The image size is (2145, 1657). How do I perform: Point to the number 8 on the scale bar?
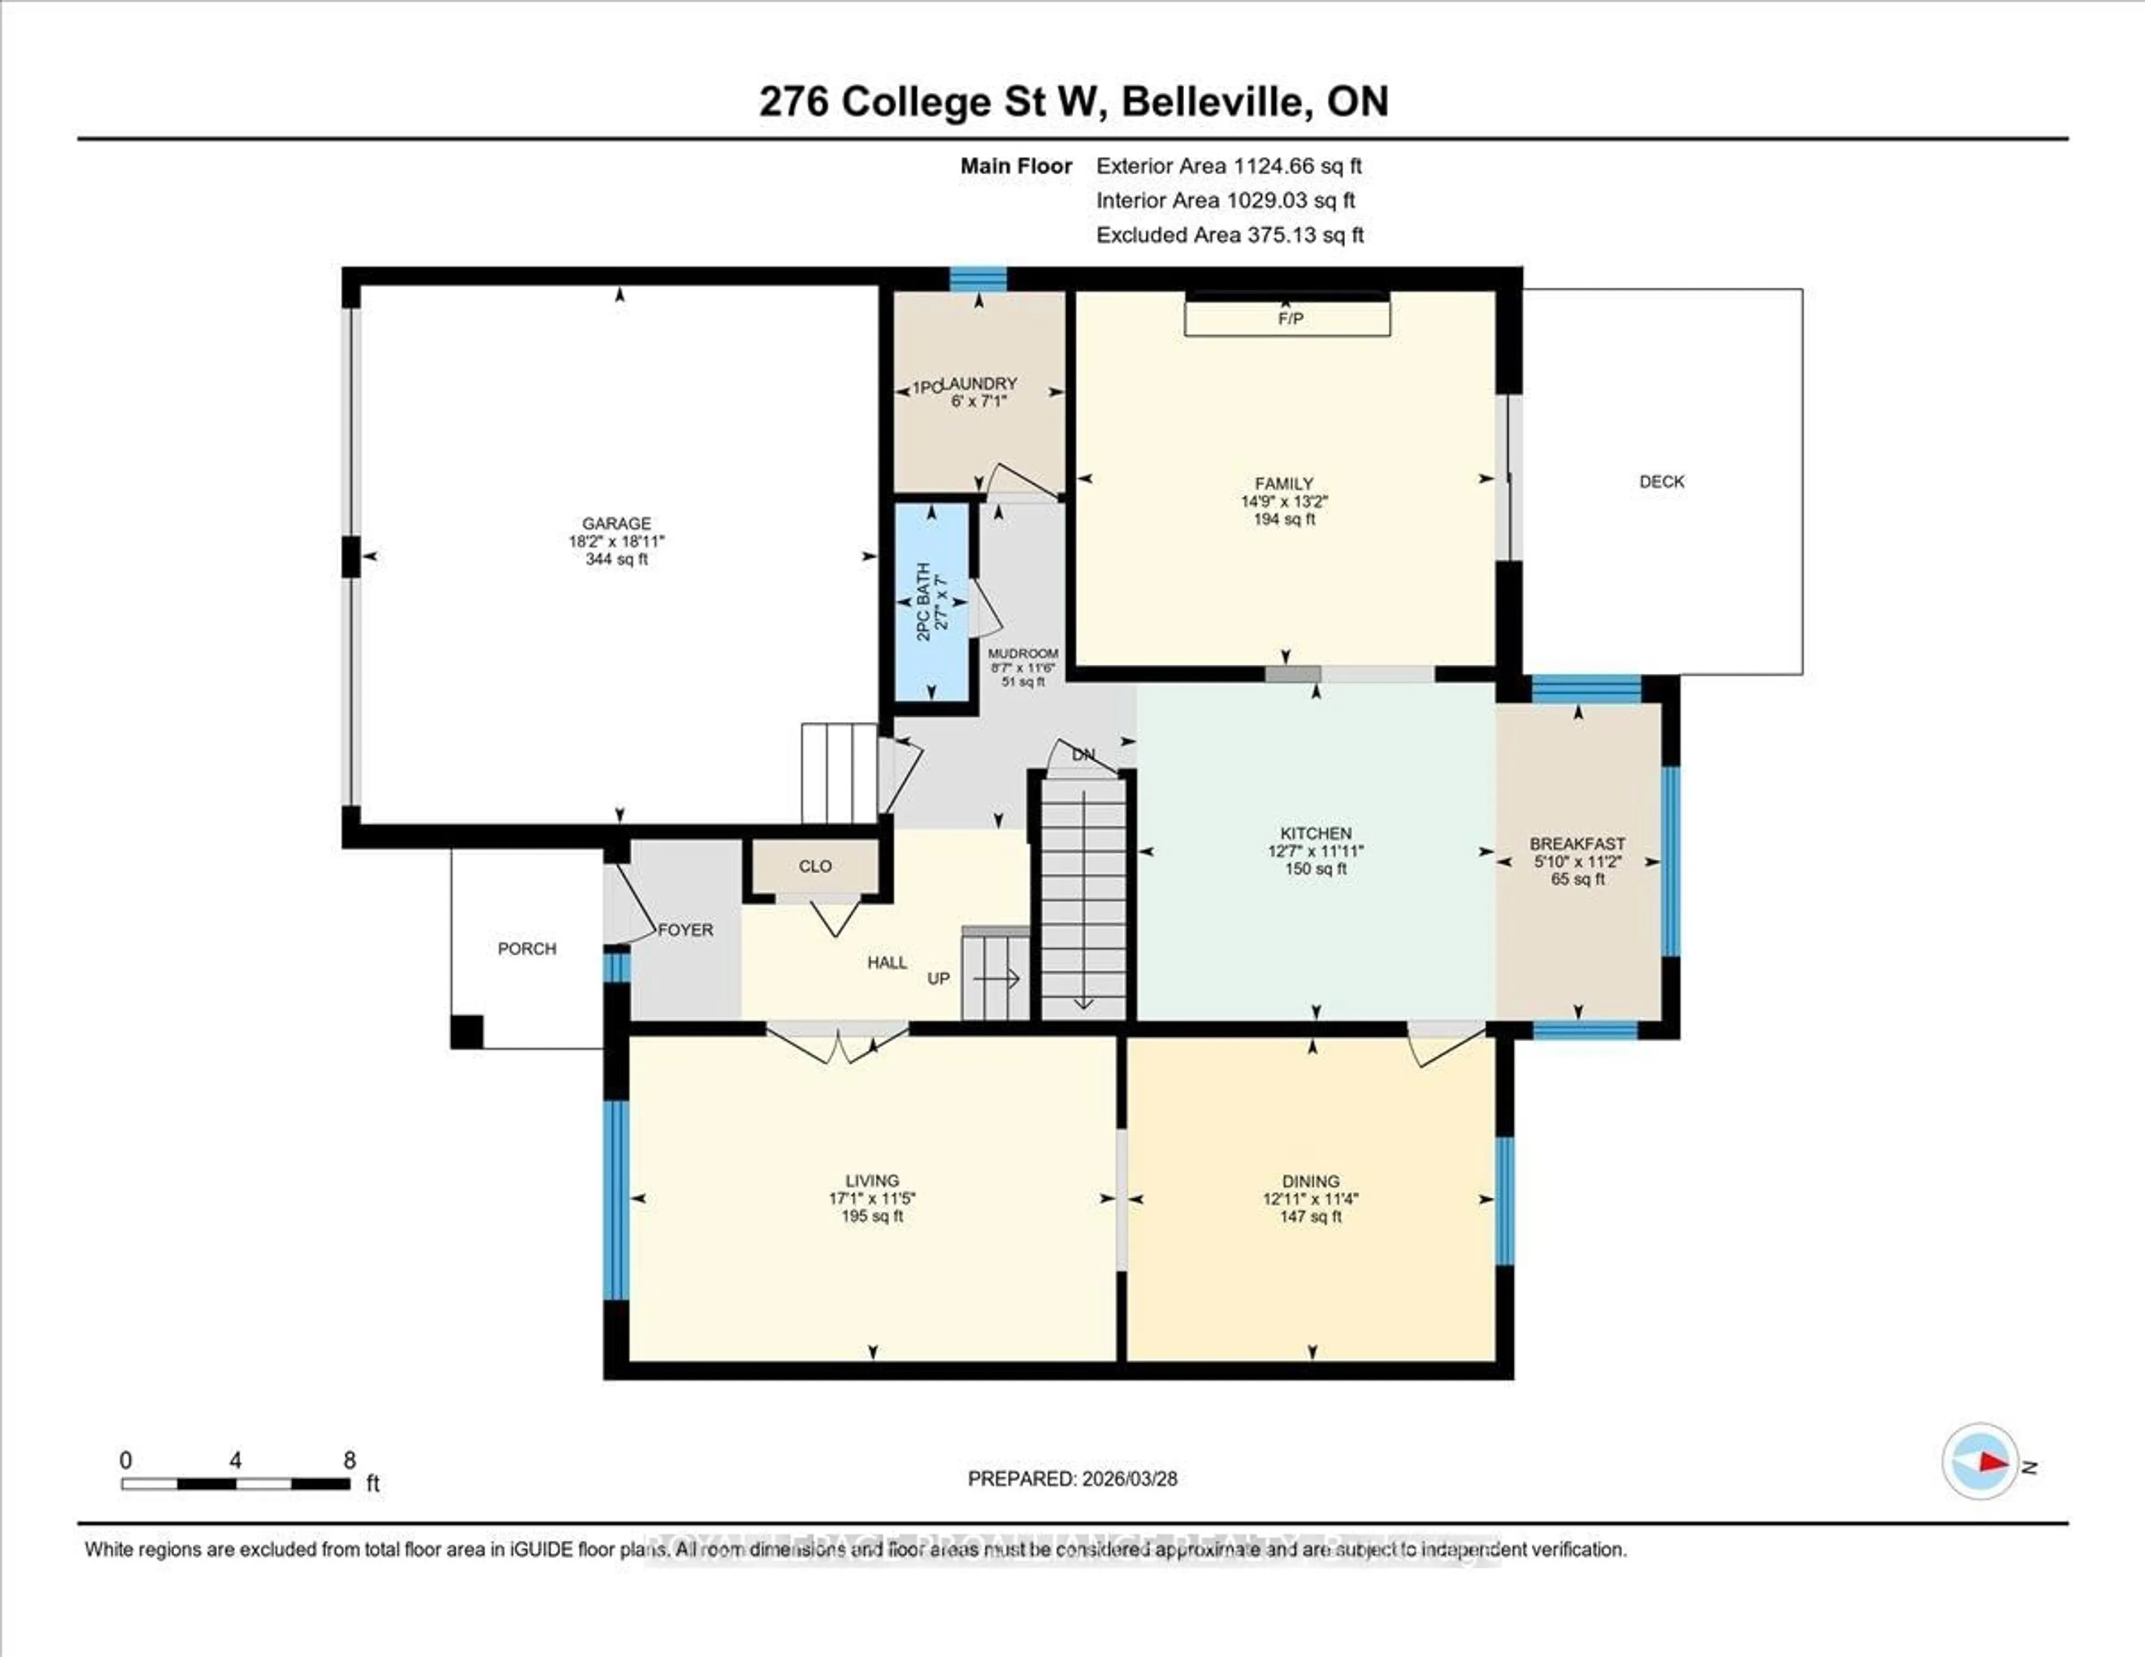[x=350, y=1460]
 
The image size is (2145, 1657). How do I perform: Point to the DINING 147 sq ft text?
[x=1310, y=1217]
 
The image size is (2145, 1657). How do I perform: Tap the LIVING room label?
[x=871, y=1180]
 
